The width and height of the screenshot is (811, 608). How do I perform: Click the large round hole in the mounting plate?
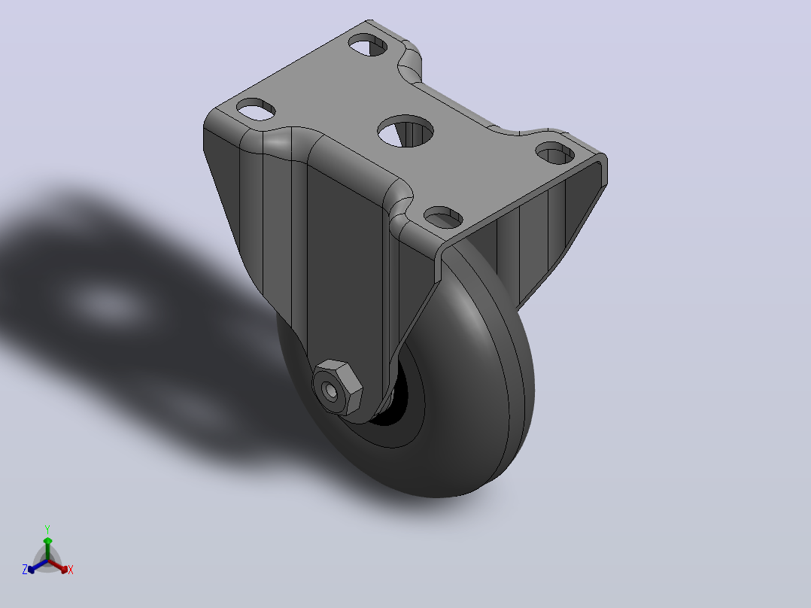405,131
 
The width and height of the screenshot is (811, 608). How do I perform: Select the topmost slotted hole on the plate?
368,44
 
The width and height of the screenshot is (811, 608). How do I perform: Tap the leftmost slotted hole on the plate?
256,109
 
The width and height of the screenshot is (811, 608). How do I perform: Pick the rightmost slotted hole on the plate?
554,153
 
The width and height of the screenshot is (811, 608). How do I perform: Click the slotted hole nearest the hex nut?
443,217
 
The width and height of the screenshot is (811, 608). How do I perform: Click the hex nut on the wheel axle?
337,388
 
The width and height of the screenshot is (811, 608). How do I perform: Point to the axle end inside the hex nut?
330,391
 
